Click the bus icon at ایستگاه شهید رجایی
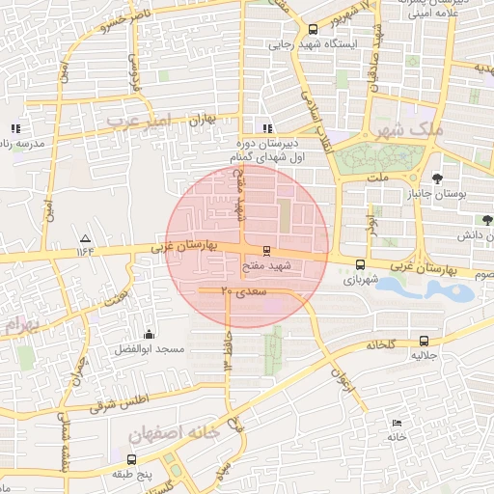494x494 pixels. (x=312, y=30)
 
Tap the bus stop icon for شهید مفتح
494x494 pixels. (x=266, y=251)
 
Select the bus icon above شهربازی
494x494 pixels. (x=360, y=264)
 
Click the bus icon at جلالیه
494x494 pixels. (x=425, y=341)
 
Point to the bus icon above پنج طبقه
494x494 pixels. (x=133, y=459)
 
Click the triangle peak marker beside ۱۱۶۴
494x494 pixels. (x=86, y=238)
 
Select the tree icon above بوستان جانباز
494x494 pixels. (x=437, y=178)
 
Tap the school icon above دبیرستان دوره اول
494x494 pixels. (x=267, y=128)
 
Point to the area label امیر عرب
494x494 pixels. (x=138, y=121)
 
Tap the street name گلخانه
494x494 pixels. (x=379, y=344)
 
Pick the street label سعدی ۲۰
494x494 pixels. (x=233, y=289)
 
